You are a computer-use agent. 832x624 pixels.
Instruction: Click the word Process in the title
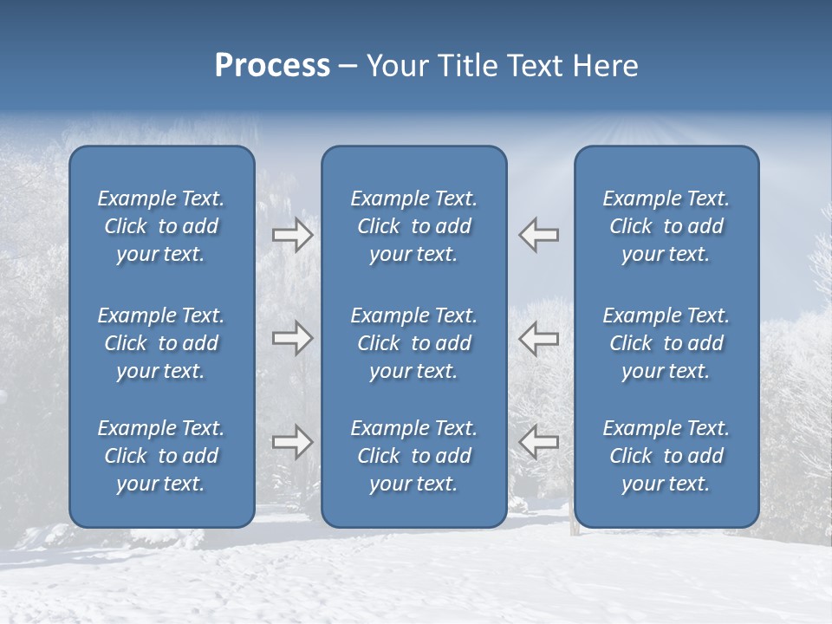click(x=272, y=66)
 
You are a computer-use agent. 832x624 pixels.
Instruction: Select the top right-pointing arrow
click(x=293, y=235)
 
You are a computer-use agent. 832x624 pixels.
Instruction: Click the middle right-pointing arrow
click(x=293, y=338)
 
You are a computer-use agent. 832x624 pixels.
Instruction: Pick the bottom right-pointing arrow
click(x=293, y=442)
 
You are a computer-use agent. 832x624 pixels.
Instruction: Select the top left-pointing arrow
click(x=538, y=235)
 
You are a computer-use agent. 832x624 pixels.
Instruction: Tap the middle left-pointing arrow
click(x=538, y=338)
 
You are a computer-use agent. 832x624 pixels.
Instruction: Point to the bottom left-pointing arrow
click(x=538, y=442)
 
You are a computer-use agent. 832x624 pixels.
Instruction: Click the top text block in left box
click(x=161, y=226)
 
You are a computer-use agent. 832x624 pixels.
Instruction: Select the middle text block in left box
click(x=161, y=343)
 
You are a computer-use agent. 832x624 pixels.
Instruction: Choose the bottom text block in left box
click(x=161, y=456)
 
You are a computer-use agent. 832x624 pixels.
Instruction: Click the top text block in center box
click(x=414, y=226)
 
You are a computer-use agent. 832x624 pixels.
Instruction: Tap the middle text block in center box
click(x=414, y=343)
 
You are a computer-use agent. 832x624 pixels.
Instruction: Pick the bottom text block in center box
click(x=414, y=456)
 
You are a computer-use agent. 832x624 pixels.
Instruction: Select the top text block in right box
click(x=666, y=226)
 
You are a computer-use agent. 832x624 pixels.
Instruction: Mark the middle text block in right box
click(x=666, y=343)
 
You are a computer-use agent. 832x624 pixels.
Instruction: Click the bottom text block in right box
click(x=666, y=456)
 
